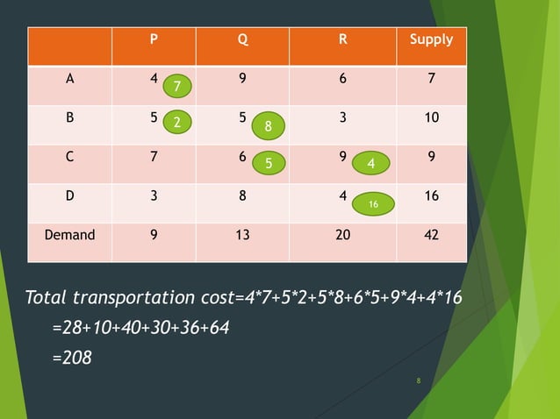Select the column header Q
pos(242,40)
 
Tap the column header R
pos(342,40)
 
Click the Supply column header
pos(431,40)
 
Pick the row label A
pos(69,79)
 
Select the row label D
pos(69,196)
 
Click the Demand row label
pos(69,235)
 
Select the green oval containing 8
pos(269,126)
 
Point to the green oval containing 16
pos(373,204)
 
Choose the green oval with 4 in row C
pos(371,164)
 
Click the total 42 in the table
pos(431,235)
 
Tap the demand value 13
pos(242,235)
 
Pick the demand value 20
pos(342,235)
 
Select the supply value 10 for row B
pos(431,117)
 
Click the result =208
pos(72,358)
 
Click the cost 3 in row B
pos(342,117)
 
